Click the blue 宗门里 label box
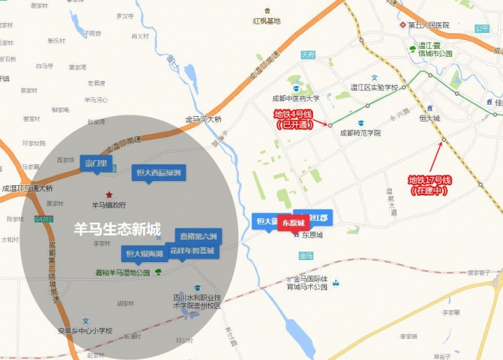(x=95, y=164)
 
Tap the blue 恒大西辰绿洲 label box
(x=159, y=172)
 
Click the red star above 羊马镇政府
(x=108, y=194)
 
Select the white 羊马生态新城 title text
(x=117, y=229)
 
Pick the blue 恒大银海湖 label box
(x=144, y=252)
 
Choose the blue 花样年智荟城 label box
(x=192, y=250)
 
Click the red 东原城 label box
(x=293, y=222)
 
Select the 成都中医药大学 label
(x=297, y=99)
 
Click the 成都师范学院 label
(x=360, y=132)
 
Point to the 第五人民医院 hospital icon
(x=402, y=25)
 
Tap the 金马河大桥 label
(x=203, y=120)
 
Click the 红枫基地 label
(x=266, y=21)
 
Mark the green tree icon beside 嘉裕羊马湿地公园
(x=159, y=272)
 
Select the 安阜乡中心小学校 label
(x=85, y=331)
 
